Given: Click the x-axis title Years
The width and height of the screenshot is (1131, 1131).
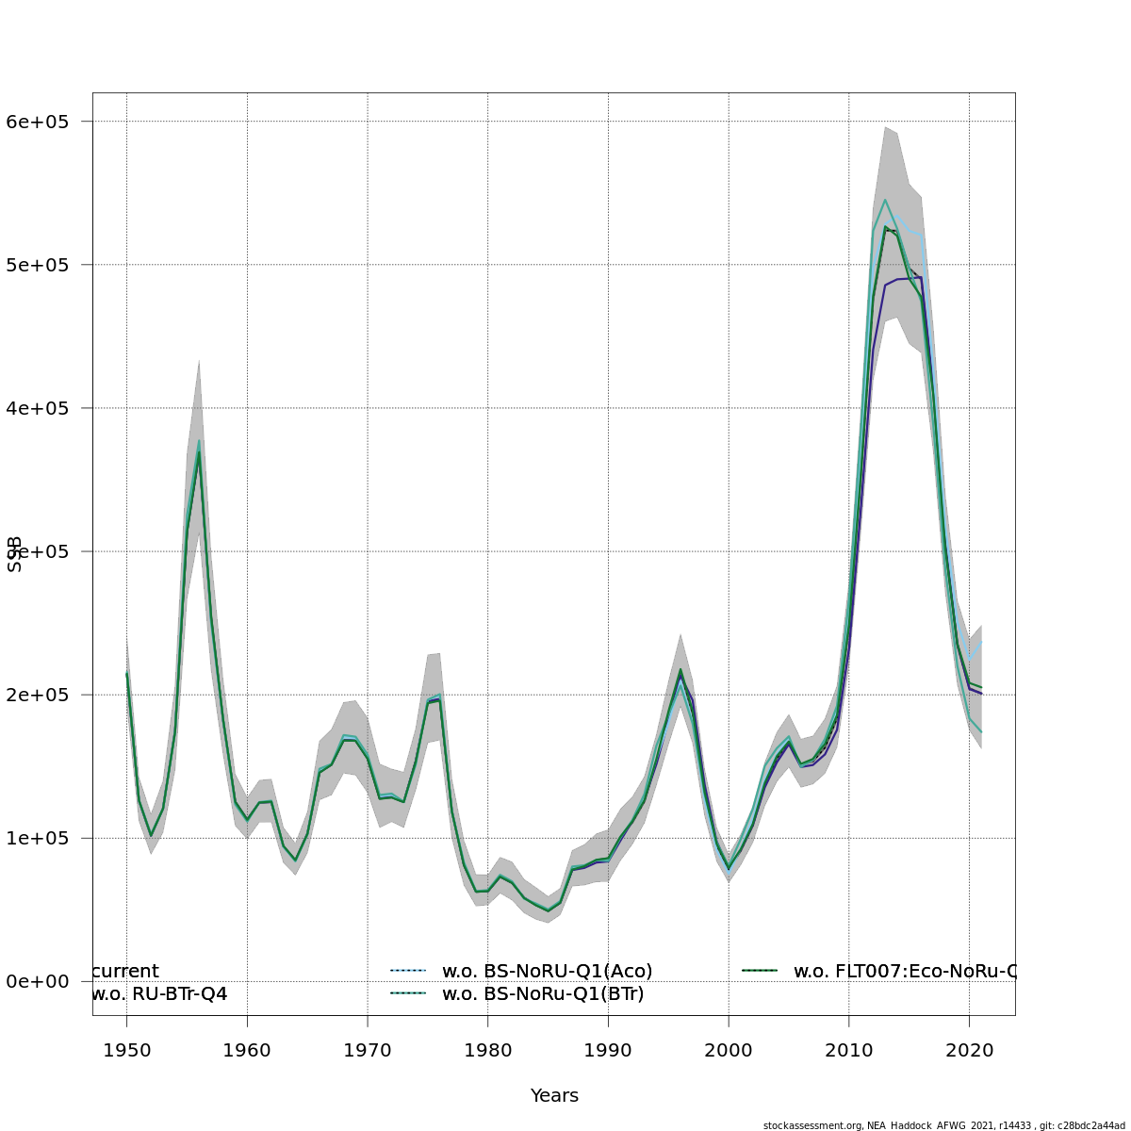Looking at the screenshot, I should [554, 1096].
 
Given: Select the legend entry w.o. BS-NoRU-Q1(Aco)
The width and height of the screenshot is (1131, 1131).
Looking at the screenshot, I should [547, 971].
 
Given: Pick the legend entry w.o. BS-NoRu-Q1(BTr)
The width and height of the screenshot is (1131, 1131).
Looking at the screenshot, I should [543, 993].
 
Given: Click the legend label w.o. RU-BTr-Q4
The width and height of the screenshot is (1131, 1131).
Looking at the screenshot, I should [159, 993].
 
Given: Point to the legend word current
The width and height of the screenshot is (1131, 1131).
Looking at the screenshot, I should [126, 971].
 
